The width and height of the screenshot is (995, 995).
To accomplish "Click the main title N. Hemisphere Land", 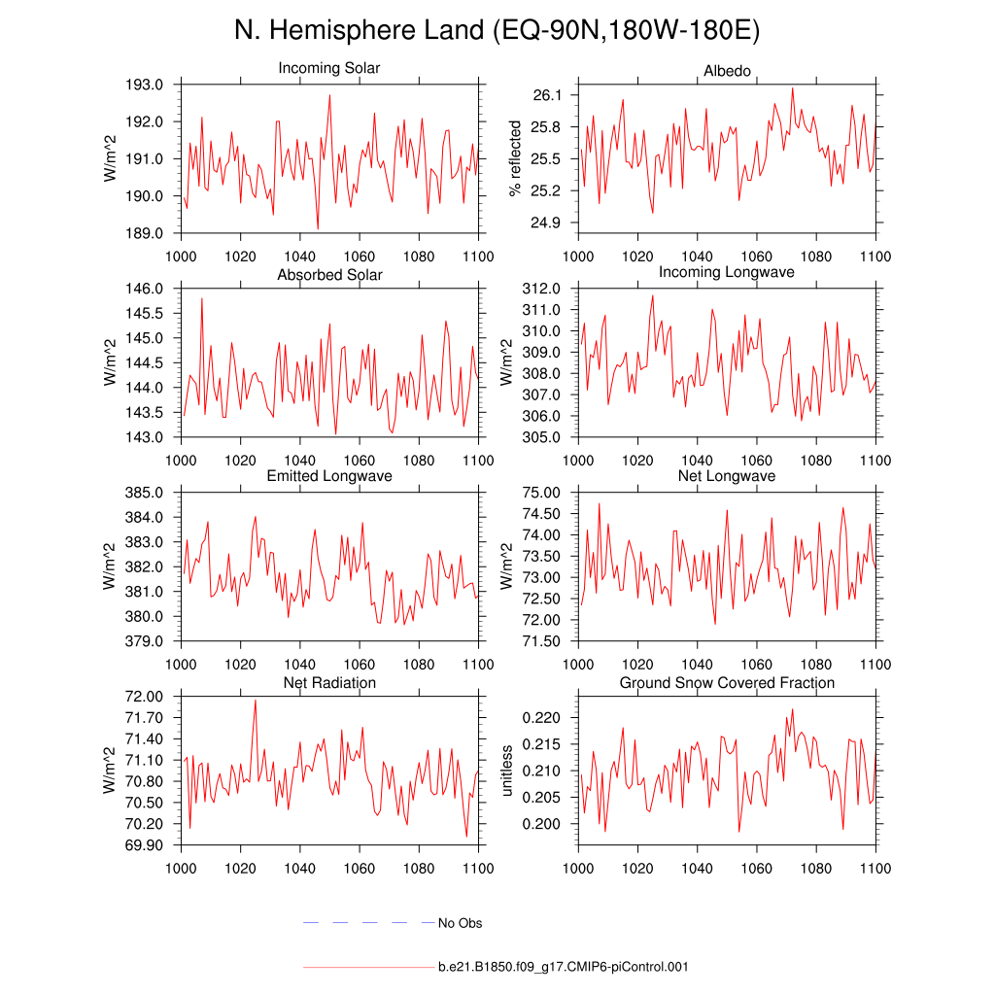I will [497, 30].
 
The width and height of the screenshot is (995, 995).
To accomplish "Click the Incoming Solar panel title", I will [329, 69].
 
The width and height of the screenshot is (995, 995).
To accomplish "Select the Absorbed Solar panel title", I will [329, 275].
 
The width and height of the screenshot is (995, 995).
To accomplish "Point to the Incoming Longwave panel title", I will [727, 272].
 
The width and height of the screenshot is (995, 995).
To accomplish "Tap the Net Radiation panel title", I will [329, 683].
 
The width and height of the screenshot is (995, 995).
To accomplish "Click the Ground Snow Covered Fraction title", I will [727, 683].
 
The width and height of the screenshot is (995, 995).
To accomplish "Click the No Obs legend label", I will [460, 923].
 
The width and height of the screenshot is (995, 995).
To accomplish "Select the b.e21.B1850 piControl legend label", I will [564, 967].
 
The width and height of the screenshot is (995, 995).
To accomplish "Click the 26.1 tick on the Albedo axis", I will [549, 95].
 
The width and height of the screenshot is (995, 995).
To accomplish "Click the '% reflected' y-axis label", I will [516, 158].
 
